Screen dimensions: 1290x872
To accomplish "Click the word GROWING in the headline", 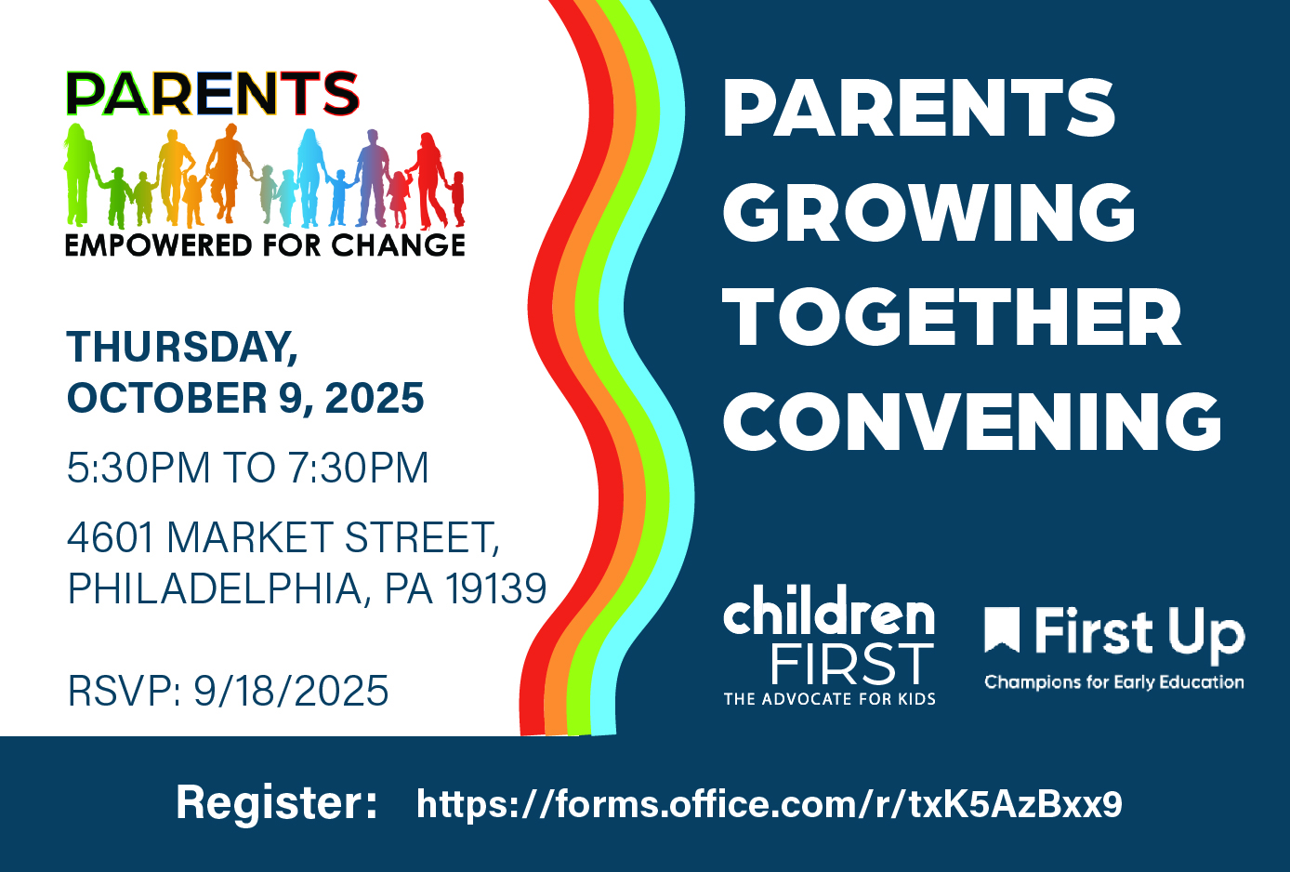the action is click(x=928, y=213).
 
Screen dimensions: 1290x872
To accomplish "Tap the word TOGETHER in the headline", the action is click(x=952, y=316).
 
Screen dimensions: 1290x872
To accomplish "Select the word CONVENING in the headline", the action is click(x=972, y=421).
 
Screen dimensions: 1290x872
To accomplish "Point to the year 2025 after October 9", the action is click(x=375, y=398).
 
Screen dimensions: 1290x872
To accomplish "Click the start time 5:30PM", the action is click(x=138, y=467).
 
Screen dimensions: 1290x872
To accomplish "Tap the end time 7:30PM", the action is click(x=358, y=467).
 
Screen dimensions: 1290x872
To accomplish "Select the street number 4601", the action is click(x=111, y=537).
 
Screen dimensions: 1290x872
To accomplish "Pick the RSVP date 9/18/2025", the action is click(x=291, y=691).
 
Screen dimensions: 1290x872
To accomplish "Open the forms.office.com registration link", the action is click(x=770, y=803).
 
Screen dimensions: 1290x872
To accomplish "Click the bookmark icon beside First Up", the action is click(x=1002, y=630).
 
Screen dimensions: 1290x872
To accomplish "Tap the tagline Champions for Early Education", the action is click(x=1113, y=682).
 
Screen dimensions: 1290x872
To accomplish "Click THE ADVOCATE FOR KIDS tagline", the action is click(x=829, y=699).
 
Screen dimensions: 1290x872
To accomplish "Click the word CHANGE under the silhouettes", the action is click(x=398, y=244).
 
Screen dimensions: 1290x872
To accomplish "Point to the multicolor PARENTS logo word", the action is click(x=213, y=93).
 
